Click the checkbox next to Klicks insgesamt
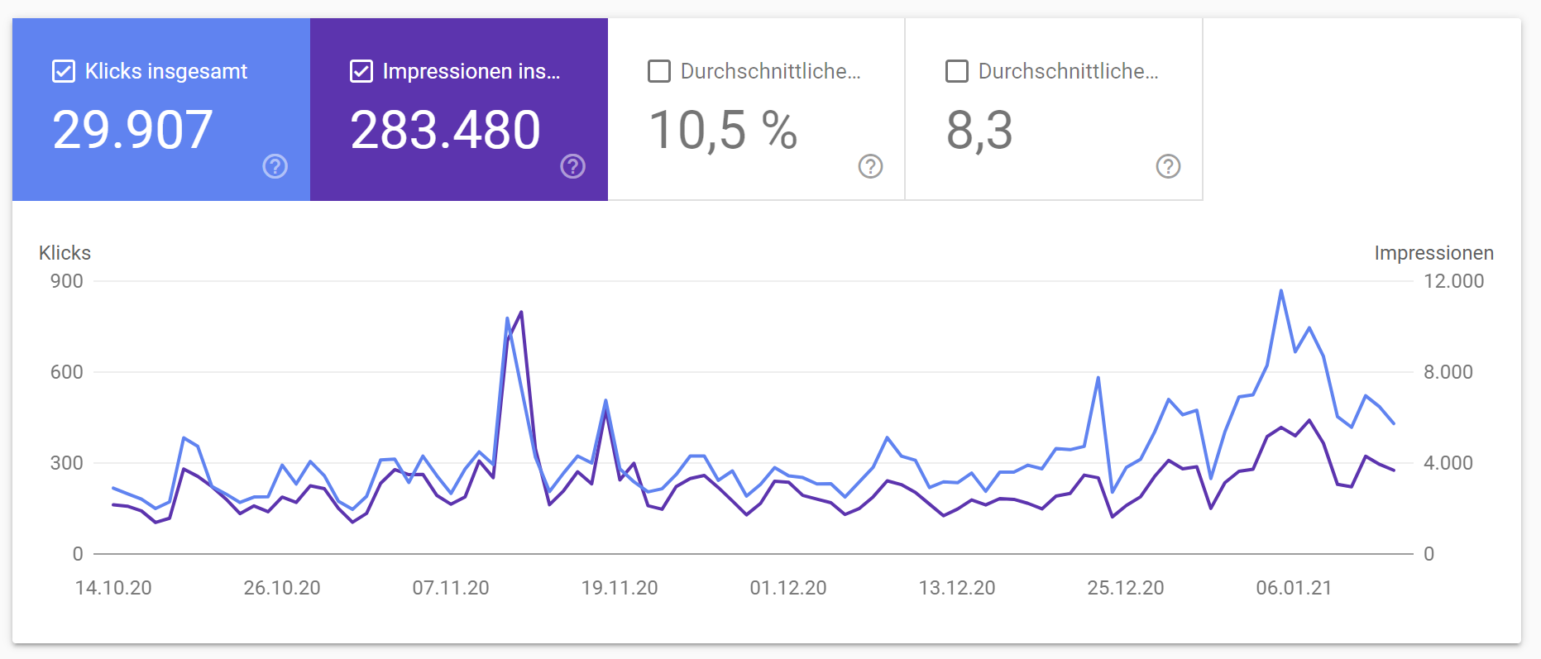pyautogui.click(x=64, y=71)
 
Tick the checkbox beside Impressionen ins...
pyautogui.click(x=361, y=71)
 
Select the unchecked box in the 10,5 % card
pyautogui.click(x=659, y=71)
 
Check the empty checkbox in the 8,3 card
pyautogui.click(x=957, y=71)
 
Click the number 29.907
pyautogui.click(x=133, y=131)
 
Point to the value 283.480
pyautogui.click(x=445, y=131)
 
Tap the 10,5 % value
pyautogui.click(x=723, y=131)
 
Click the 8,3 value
pyautogui.click(x=979, y=131)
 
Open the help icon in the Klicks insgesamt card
pyautogui.click(x=275, y=166)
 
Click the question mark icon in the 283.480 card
pyautogui.click(x=573, y=166)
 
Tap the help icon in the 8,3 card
pyautogui.click(x=1168, y=166)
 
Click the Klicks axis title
pyautogui.click(x=65, y=253)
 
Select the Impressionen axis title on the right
pyautogui.click(x=1433, y=253)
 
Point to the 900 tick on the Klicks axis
pyautogui.click(x=66, y=281)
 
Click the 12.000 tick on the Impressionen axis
pyautogui.click(x=1453, y=281)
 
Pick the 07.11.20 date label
pyautogui.click(x=451, y=588)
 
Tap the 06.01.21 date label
pyautogui.click(x=1294, y=588)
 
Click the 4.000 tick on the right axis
pyautogui.click(x=1448, y=463)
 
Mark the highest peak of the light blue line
pyautogui.click(x=1281, y=291)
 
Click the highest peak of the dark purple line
pyautogui.click(x=521, y=312)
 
